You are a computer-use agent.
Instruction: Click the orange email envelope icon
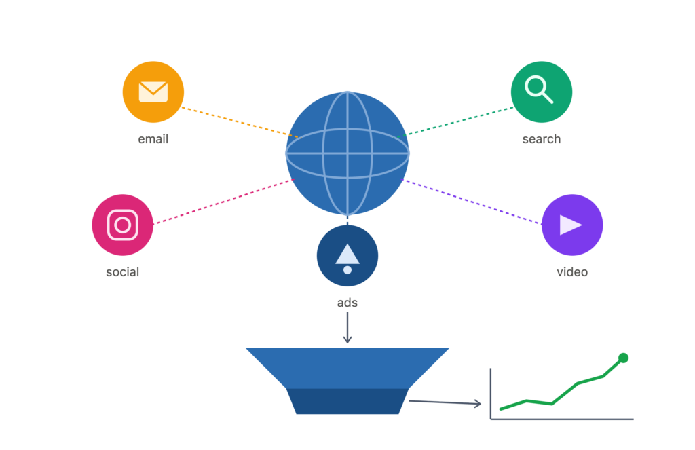coord(153,92)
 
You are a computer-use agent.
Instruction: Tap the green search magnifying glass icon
coord(541,92)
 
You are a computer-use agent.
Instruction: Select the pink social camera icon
coord(122,225)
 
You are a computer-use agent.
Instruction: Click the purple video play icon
coord(571,225)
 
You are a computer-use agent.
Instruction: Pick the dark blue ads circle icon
coord(347,256)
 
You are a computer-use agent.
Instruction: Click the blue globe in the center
coord(347,153)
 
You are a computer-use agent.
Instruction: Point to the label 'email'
coord(153,139)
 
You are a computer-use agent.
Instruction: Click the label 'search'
coord(541,139)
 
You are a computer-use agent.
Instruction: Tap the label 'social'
coord(122,271)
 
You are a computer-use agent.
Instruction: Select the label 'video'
coord(571,271)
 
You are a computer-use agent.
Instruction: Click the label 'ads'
coord(347,303)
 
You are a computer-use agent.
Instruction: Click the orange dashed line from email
coord(242,122)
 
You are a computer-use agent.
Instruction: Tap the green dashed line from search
coord(454,122)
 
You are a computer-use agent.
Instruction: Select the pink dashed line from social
coord(223,202)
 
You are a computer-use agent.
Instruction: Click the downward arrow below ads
coord(347,328)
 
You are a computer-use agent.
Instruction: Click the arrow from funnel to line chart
coord(445,402)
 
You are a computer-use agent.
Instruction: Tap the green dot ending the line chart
coord(623,358)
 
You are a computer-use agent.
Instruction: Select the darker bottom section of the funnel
coord(347,401)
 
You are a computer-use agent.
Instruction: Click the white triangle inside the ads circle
coord(347,255)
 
